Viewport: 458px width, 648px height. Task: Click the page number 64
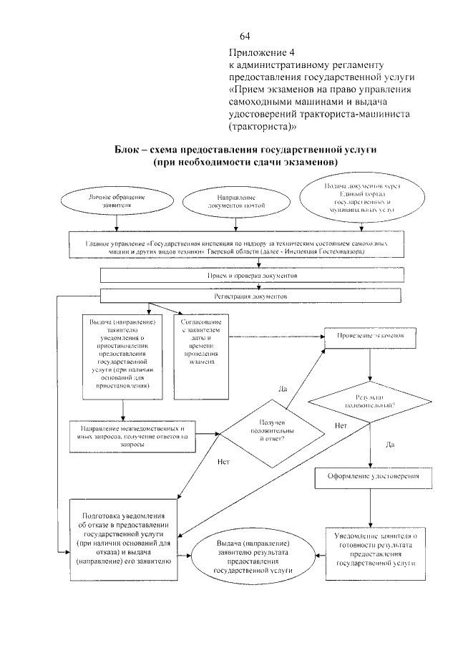click(245, 36)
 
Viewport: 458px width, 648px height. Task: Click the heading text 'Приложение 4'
click(261, 53)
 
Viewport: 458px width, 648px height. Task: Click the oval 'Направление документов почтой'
click(235, 202)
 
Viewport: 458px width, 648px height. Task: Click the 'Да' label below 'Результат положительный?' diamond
click(390, 445)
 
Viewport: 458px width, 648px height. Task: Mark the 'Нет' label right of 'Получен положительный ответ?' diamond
click(341, 427)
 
